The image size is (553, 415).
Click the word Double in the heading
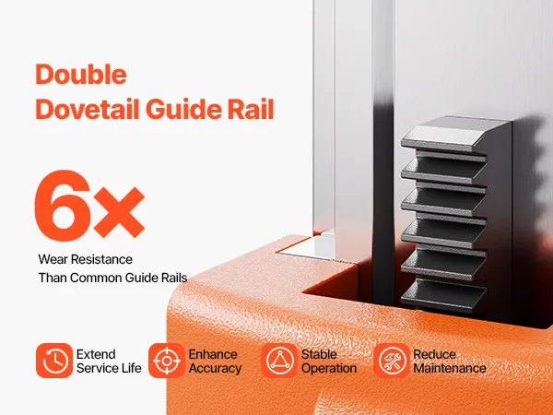[x=81, y=74]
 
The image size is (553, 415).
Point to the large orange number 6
[x=63, y=206]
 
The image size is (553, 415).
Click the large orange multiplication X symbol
[x=119, y=212]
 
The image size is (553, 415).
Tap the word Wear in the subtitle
[x=53, y=259]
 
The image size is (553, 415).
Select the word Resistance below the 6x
[x=101, y=259]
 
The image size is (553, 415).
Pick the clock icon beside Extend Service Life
[x=54, y=361]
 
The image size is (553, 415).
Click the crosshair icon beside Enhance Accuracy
[x=167, y=361]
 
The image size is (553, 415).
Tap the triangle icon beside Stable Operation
[x=279, y=361]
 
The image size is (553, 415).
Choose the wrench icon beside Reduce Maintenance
[x=392, y=361]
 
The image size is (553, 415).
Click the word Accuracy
[x=215, y=368]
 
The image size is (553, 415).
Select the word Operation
[x=329, y=368]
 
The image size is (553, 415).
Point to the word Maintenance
[x=450, y=368]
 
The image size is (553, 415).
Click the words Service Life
[x=109, y=368]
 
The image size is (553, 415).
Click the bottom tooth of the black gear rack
[x=443, y=296]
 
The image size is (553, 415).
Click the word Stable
[x=319, y=354]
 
